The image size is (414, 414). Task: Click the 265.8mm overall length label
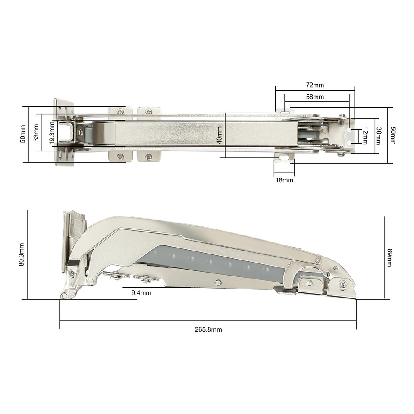[x=208, y=329]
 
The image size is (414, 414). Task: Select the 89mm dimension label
[x=389, y=257]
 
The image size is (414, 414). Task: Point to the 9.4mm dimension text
[x=141, y=293]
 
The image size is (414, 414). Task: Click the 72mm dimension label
[x=315, y=85]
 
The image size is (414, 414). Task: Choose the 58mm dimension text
[x=315, y=97]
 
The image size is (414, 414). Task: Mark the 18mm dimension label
[x=284, y=180]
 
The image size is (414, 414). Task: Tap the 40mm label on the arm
[x=220, y=135]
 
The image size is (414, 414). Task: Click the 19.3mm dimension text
[x=52, y=134]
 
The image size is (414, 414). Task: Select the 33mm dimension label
[x=36, y=132]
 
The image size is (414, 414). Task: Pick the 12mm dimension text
[x=365, y=135]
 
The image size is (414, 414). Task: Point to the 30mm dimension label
[x=379, y=135]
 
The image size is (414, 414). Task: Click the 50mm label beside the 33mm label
[x=22, y=134]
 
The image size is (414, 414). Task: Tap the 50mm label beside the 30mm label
[x=392, y=135]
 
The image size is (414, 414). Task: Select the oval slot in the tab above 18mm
[x=284, y=158]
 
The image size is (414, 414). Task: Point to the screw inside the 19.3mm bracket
[x=80, y=133]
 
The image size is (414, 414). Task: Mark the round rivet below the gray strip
[x=218, y=282]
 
